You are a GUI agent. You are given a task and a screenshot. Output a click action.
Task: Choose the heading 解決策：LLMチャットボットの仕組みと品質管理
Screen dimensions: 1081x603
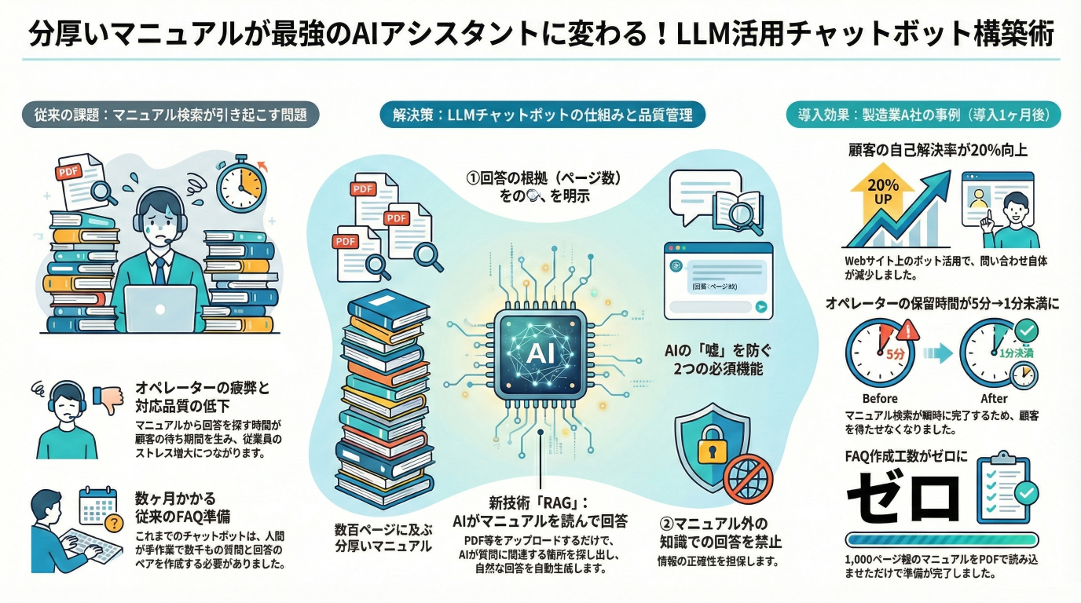(542, 115)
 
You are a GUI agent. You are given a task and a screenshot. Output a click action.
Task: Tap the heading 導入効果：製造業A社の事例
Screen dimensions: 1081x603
(923, 115)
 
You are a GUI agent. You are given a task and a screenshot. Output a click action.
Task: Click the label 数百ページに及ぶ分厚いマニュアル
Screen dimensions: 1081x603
(383, 537)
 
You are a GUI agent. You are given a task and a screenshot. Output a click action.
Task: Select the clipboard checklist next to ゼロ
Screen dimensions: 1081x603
(1006, 488)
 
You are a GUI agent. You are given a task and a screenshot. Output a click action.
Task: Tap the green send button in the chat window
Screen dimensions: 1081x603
(760, 309)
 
